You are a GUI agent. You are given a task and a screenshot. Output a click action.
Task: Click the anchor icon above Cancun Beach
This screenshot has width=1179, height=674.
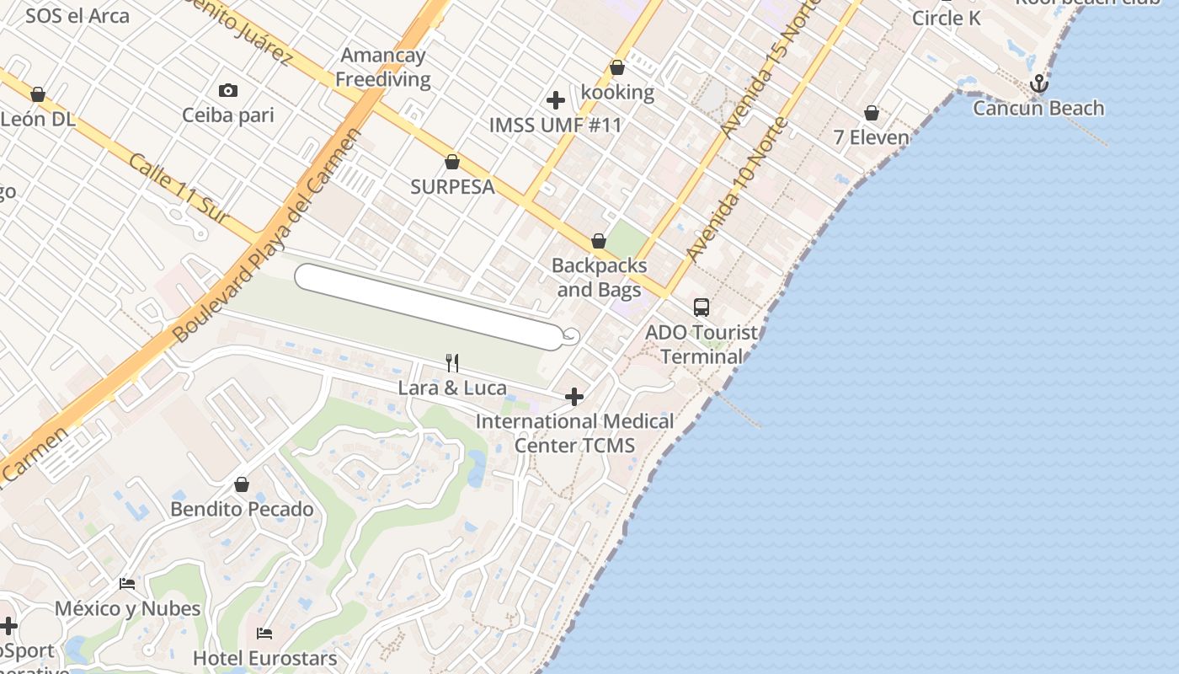[1039, 83]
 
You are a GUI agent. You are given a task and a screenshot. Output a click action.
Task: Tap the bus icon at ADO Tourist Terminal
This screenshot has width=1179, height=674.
[702, 308]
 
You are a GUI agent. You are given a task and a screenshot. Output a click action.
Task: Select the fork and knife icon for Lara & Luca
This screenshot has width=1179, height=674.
[453, 363]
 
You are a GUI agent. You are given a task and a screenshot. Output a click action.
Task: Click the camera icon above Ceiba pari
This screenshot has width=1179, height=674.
[227, 90]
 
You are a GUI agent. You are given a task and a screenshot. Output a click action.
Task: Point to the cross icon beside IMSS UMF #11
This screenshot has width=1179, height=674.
[556, 100]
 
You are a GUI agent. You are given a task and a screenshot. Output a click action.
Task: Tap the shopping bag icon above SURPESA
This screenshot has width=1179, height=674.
[452, 162]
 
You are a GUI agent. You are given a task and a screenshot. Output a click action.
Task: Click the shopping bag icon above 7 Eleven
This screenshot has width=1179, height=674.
[872, 113]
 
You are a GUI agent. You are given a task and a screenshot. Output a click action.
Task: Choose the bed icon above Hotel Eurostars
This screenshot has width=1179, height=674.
[264, 633]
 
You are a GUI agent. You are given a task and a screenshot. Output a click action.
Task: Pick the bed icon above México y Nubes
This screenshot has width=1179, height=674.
[127, 583]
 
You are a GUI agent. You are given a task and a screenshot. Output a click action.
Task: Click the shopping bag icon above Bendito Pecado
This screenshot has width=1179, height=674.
[242, 484]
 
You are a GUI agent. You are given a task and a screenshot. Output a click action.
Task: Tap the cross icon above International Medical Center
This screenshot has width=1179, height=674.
[574, 396]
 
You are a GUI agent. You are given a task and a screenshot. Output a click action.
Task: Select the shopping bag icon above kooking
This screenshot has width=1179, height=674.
[617, 67]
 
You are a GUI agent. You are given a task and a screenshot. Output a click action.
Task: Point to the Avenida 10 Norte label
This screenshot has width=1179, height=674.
[738, 189]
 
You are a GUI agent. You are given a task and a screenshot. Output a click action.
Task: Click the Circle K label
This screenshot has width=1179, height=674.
[947, 18]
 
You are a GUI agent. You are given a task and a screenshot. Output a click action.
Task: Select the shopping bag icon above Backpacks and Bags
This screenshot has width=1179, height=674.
[599, 242]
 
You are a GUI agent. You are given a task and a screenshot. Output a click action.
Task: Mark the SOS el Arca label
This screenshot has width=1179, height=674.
[77, 15]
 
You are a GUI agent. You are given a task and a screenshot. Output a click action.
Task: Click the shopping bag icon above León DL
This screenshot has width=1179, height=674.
[38, 94]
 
